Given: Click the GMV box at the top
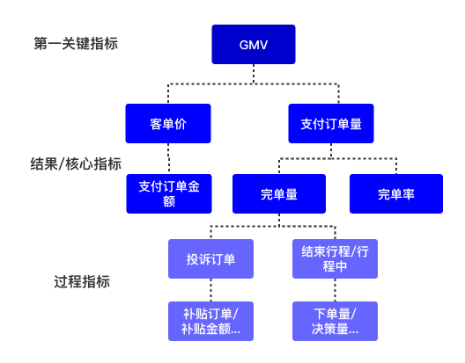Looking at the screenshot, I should [x=253, y=44].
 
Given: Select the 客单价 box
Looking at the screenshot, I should [x=168, y=124].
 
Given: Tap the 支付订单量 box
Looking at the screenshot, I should [x=331, y=124].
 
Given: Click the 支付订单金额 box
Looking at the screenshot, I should [x=169, y=194].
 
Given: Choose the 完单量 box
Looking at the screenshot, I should [x=278, y=194].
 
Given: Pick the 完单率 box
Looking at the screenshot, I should [x=395, y=194].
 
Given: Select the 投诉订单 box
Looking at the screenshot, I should [x=210, y=259].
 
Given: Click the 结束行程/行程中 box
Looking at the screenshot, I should [x=335, y=259].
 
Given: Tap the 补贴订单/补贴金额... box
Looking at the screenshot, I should [x=210, y=322].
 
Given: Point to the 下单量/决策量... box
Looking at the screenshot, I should [x=335, y=322].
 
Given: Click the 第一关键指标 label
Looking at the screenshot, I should [x=76, y=43].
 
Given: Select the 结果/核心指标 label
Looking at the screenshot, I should [x=76, y=163].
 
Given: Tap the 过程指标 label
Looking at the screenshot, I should [x=82, y=282].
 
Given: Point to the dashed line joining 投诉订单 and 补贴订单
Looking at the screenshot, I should [x=210, y=291].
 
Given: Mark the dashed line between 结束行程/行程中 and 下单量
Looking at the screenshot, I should [x=335, y=291].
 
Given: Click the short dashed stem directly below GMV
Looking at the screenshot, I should [x=254, y=74].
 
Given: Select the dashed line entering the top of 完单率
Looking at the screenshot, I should [x=395, y=166].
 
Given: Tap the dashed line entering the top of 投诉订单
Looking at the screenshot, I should [x=210, y=233].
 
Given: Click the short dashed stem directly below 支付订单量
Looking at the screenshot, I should [x=331, y=151].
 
